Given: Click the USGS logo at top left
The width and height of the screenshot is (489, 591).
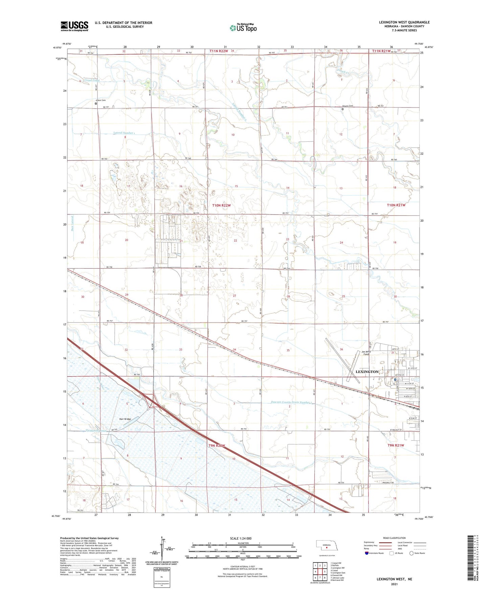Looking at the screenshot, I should point(74,26).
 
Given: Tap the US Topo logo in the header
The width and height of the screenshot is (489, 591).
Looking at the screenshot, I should point(243,28).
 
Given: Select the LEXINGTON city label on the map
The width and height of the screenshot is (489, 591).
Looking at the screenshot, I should point(367,372).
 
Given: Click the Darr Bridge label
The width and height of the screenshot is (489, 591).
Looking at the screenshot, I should point(125,419).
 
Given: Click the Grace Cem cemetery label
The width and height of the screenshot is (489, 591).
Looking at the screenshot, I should point(101,100).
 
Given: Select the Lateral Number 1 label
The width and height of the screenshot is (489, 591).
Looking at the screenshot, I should point(125,133).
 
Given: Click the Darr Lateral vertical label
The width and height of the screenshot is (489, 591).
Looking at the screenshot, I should point(72,224).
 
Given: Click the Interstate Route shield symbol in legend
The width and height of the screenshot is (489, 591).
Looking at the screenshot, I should point(367,553).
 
